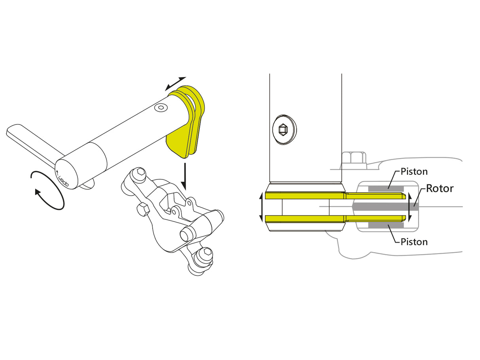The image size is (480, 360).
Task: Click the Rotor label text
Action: coord(440,188)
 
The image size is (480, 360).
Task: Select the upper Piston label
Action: coord(414,172)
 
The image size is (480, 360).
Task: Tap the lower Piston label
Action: coord(414,241)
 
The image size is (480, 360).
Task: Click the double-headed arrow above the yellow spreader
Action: coord(175,83)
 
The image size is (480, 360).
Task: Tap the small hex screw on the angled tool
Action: coord(160,108)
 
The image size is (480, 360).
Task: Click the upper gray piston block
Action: coord(386,188)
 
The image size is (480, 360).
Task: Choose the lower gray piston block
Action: coord(386,225)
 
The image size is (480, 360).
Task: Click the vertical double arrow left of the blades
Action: coord(261,207)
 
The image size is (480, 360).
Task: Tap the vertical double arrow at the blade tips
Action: coord(410,207)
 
